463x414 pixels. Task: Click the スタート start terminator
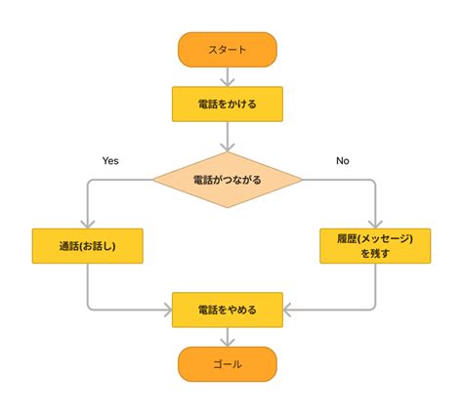point(228,50)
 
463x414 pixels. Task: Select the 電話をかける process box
point(228,104)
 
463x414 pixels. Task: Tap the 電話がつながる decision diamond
point(228,180)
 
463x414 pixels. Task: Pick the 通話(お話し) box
point(88,246)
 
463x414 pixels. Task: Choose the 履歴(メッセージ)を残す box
point(375,246)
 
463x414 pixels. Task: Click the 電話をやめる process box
point(228,310)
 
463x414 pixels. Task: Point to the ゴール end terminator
point(228,364)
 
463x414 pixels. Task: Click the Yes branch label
point(110,161)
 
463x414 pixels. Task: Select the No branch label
point(343,161)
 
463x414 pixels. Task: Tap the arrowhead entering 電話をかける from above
point(228,83)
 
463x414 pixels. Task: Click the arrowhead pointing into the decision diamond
point(228,147)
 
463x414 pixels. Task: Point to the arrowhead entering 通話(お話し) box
point(88,225)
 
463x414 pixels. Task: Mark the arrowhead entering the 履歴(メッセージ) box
point(375,225)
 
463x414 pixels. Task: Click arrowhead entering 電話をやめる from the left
point(168,310)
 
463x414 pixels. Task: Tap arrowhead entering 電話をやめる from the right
point(287,310)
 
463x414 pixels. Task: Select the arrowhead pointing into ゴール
point(228,343)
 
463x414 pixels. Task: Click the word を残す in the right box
point(375,253)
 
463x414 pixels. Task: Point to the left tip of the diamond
point(152,180)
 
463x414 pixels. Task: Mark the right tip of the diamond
point(302,180)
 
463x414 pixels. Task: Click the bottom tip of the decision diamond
point(228,208)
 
